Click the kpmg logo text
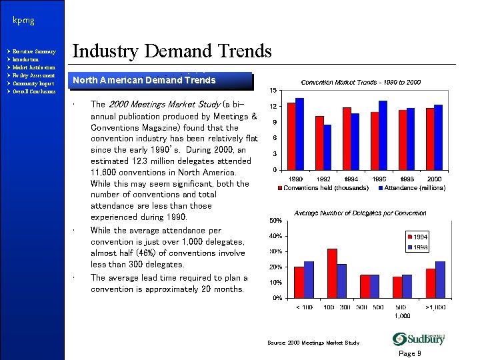coord(23,21)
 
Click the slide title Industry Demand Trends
coord(172,51)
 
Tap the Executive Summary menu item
coord(36,51)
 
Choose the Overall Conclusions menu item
coord(37,91)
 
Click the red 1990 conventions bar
coord(291,136)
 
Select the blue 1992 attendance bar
coord(327,147)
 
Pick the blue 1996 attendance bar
coord(383,135)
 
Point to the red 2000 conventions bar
coord(430,139)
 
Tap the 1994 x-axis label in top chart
coord(351,179)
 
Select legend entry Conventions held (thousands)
coord(327,187)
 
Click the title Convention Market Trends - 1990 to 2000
coord(361,81)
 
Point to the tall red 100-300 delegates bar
coord(332,273)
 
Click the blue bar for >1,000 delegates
coord(440,279)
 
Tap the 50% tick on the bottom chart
coord(275,220)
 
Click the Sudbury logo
coord(418,338)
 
